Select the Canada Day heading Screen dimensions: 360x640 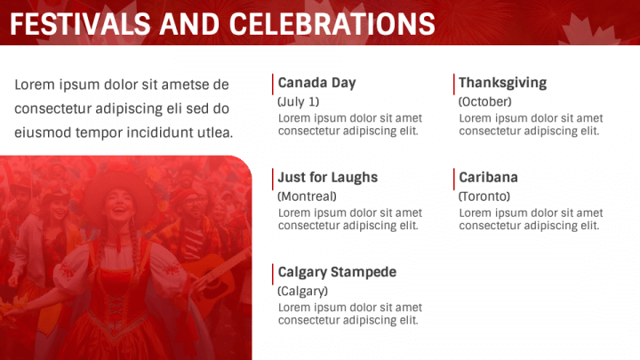(316, 83)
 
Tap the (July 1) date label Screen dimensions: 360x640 (298, 101)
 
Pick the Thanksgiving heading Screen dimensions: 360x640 (502, 83)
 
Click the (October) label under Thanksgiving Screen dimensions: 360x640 (484, 101)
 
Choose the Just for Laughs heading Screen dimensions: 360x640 (327, 177)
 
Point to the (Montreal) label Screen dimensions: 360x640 (307, 196)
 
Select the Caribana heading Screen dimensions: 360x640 (488, 177)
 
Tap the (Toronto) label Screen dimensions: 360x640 (484, 196)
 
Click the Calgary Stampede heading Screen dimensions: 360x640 (337, 272)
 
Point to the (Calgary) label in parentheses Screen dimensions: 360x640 (302, 291)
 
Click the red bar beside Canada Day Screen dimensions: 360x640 (273, 84)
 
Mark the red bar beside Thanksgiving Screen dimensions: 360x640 (454, 84)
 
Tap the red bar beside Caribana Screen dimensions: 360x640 (454, 178)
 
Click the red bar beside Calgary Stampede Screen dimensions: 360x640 (273, 273)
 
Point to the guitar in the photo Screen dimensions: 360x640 (213, 267)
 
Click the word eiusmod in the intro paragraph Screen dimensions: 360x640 (42, 132)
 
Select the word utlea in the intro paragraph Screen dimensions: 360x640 (215, 132)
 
